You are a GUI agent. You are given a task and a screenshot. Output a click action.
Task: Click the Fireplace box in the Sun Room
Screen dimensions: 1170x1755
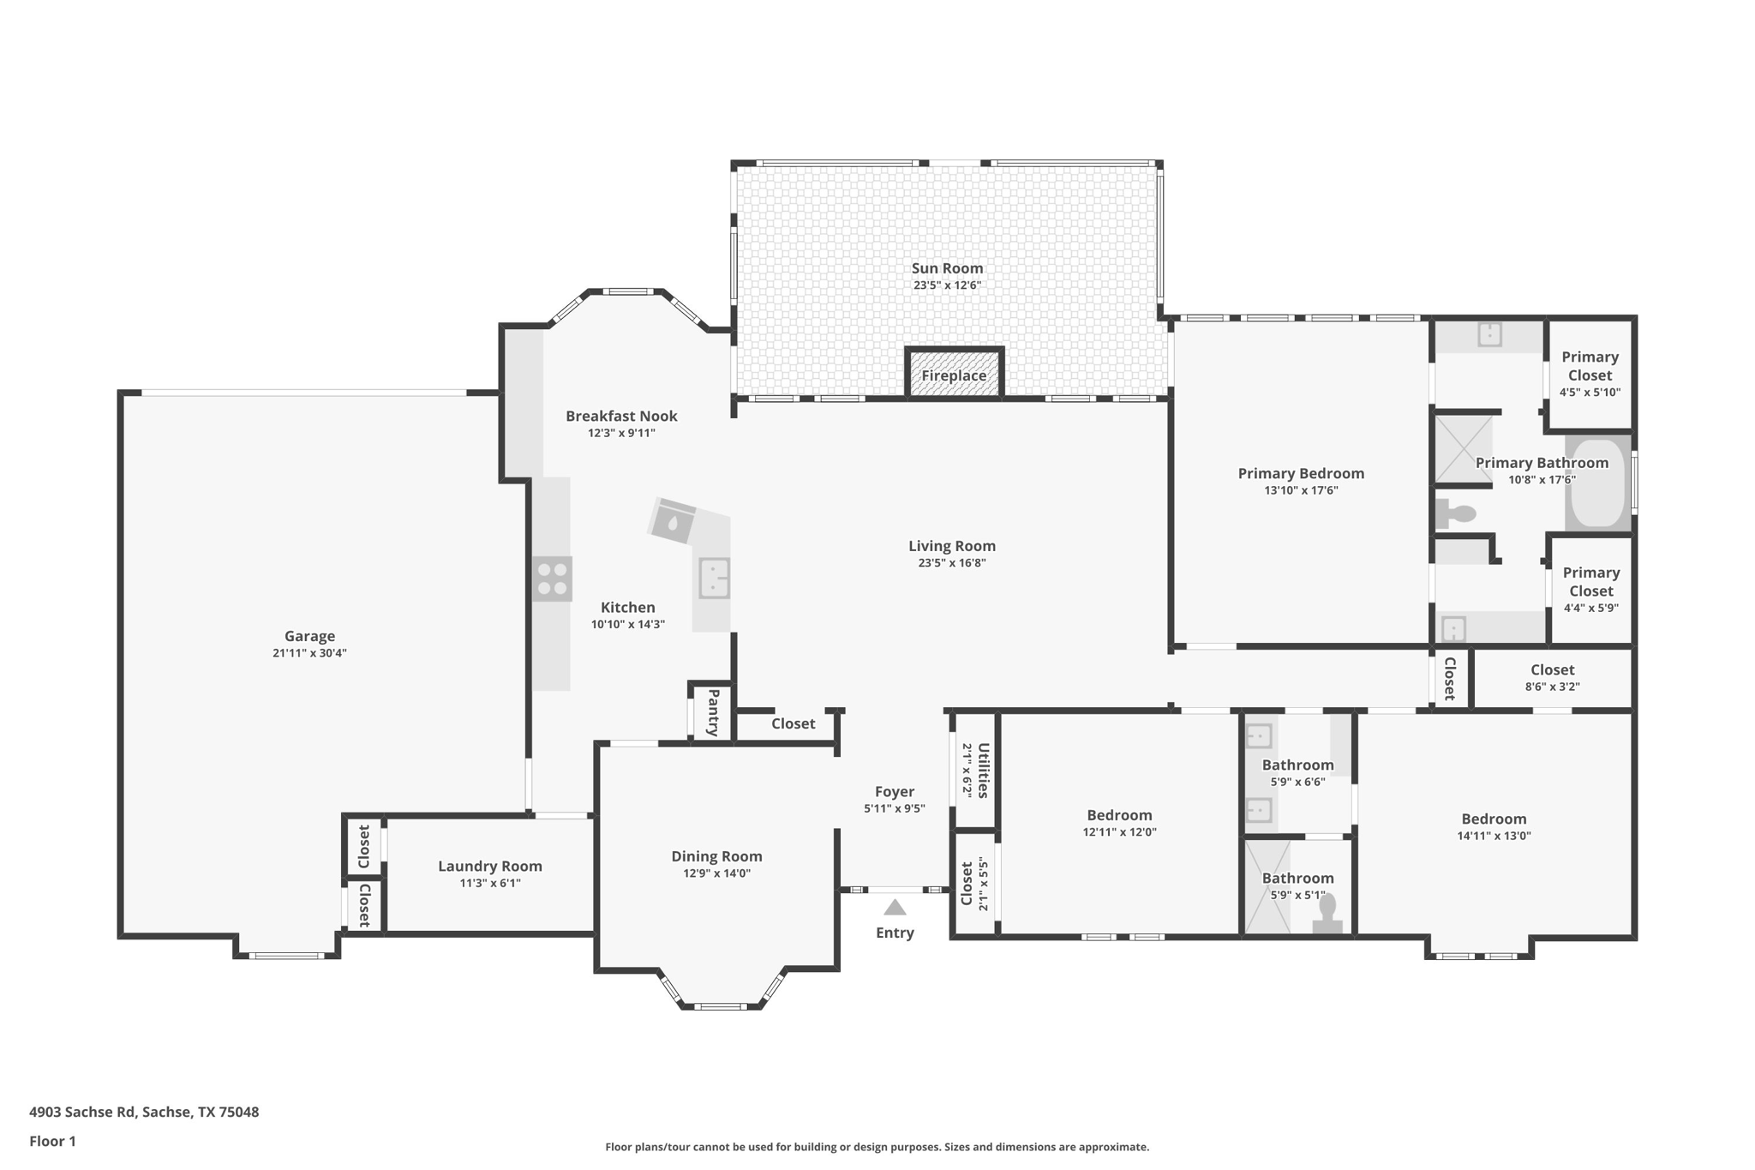[x=954, y=375]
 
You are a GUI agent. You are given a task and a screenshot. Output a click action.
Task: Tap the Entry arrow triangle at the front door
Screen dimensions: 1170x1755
[x=895, y=908]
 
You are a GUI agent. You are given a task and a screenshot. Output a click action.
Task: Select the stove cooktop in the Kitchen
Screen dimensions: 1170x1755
[x=552, y=579]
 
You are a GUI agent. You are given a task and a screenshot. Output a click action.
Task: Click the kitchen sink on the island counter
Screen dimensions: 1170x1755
[x=714, y=577]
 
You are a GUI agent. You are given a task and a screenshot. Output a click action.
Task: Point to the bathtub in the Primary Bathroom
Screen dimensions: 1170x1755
[x=1599, y=484]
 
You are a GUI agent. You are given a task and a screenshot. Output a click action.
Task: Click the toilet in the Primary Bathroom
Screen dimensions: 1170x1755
[x=1456, y=514]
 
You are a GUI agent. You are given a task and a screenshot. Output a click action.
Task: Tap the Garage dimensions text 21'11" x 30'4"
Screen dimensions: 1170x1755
[x=309, y=653]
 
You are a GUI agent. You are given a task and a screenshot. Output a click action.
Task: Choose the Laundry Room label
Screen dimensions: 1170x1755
[x=490, y=866]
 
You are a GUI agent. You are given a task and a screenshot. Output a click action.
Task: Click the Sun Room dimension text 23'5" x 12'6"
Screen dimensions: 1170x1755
[x=947, y=285]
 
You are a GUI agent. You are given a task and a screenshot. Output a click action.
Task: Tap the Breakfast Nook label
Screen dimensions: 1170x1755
[x=621, y=416]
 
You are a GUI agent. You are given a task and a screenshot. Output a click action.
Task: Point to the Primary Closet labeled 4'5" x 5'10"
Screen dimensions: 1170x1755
[x=1590, y=374]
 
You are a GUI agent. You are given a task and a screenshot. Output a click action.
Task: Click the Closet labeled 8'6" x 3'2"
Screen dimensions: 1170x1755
[x=1552, y=677]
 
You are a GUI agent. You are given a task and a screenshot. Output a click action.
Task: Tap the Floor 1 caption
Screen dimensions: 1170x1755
[x=52, y=1141]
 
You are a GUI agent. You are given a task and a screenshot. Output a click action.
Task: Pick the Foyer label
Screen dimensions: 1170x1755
[x=895, y=791]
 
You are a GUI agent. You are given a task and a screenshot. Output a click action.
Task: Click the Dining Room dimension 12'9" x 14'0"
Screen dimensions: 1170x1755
[x=716, y=873]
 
